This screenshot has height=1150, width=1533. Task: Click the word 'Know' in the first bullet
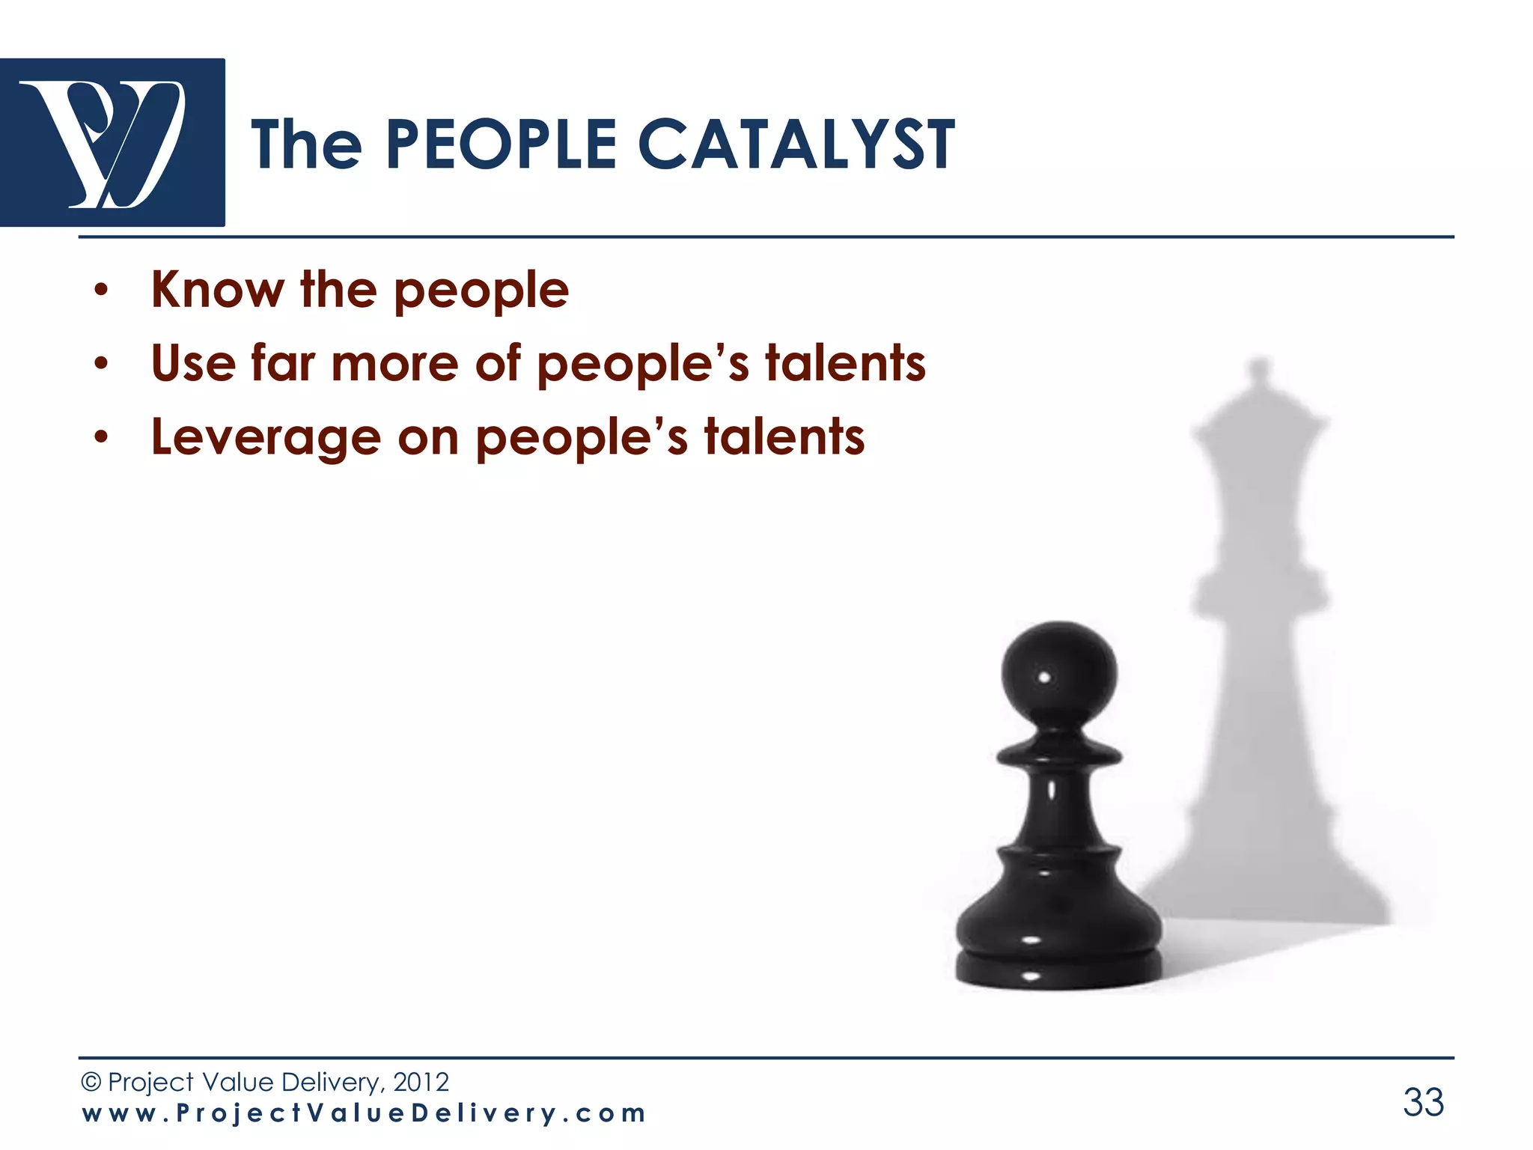[x=218, y=290]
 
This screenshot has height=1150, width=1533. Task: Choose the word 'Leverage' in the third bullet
[x=266, y=438]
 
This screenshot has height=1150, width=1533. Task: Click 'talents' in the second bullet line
[x=845, y=363]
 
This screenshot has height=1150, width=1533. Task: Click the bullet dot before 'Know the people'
[x=101, y=291]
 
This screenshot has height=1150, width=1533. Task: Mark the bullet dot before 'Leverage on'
[x=101, y=439]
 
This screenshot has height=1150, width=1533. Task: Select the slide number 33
[x=1423, y=1102]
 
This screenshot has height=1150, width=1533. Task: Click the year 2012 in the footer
[x=421, y=1082]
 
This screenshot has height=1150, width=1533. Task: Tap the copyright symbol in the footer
[x=91, y=1082]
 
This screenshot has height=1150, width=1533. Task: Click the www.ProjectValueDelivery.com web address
[x=364, y=1113]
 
